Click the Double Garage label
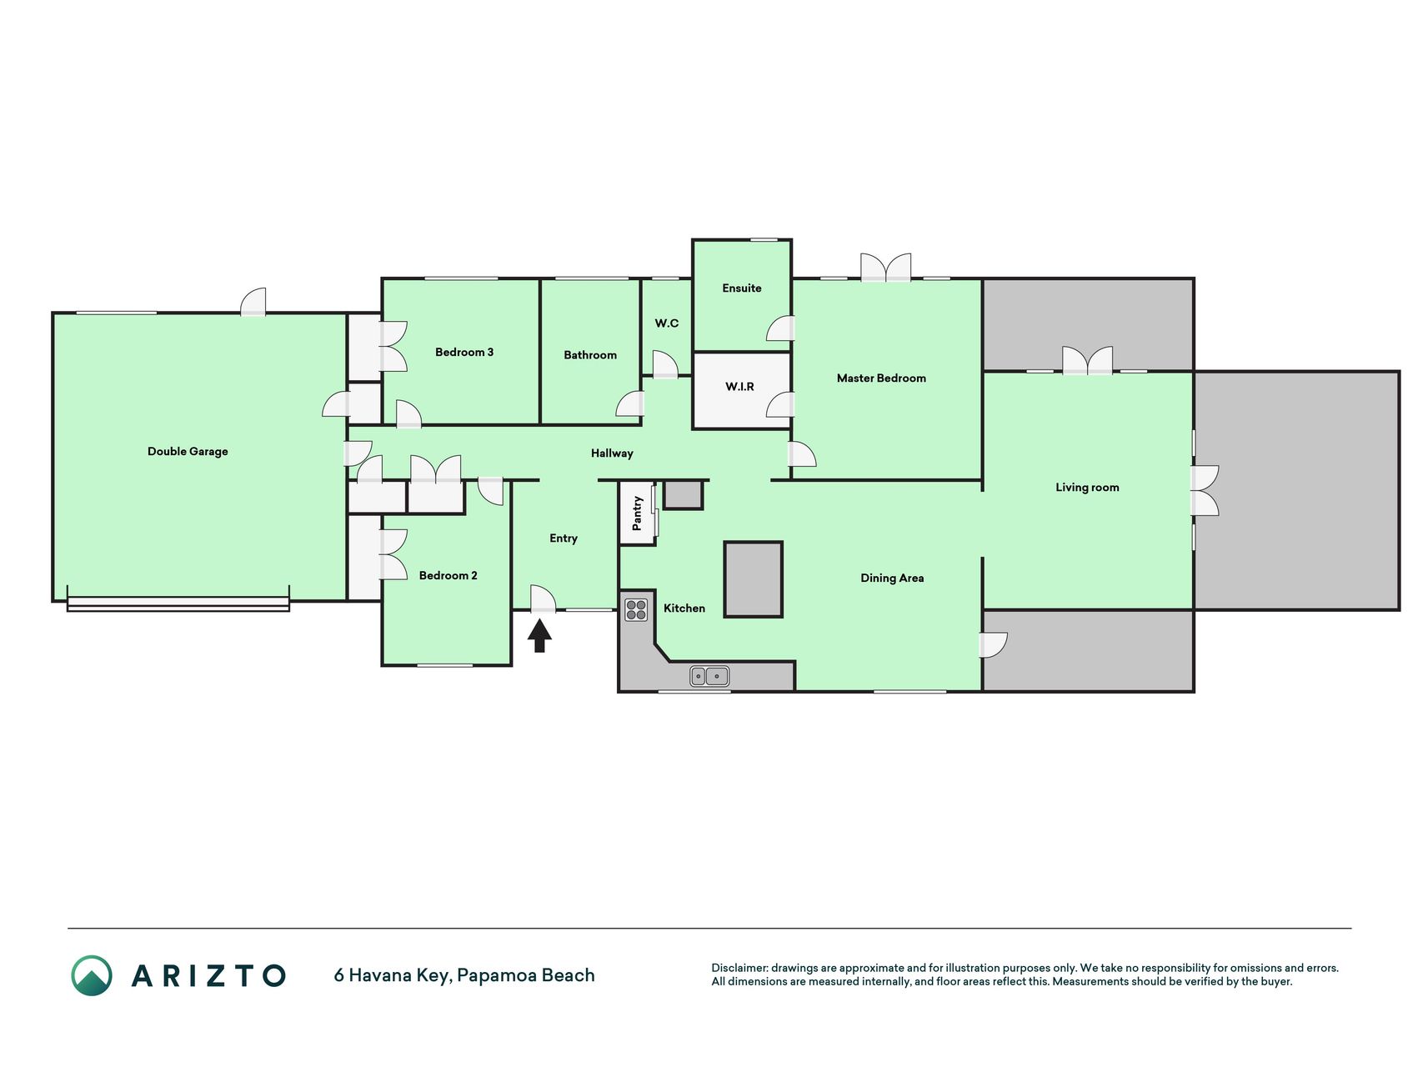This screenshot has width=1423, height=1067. (x=188, y=452)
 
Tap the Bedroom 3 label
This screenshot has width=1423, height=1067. (x=464, y=353)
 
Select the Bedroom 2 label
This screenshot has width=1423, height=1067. (x=448, y=576)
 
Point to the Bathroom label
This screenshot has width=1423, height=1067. (x=590, y=355)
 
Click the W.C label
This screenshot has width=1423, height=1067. (x=667, y=323)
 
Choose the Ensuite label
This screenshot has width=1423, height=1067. (x=742, y=288)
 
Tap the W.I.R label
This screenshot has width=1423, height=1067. (x=739, y=387)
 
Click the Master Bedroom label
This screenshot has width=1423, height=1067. (x=881, y=378)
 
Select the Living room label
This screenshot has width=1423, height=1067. (x=1087, y=488)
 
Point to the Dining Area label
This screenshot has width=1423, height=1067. (x=892, y=579)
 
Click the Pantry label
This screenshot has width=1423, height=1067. (x=637, y=513)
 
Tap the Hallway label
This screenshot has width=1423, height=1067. (x=612, y=453)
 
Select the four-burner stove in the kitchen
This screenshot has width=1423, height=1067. (x=636, y=610)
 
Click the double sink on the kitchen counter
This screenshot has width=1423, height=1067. (x=710, y=676)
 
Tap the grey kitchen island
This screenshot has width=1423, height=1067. (x=753, y=579)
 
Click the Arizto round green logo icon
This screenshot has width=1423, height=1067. (x=92, y=975)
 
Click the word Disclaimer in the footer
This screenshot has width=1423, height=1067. (x=739, y=969)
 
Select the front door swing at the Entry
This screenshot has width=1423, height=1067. (x=544, y=598)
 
